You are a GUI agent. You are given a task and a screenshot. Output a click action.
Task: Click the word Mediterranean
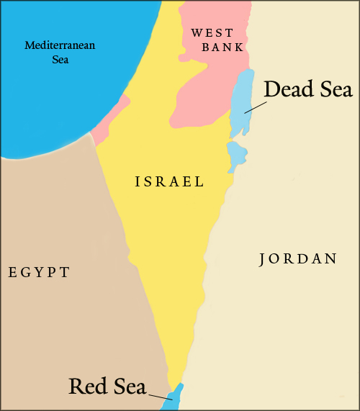(x=60, y=46)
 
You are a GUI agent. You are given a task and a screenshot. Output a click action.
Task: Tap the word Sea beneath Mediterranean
(x=60, y=60)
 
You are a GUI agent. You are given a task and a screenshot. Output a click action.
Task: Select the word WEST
(x=212, y=33)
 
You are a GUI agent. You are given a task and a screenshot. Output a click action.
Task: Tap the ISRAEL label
(x=170, y=182)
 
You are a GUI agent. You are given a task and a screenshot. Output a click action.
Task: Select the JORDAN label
(x=297, y=259)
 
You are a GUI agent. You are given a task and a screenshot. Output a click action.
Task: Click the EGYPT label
(x=39, y=272)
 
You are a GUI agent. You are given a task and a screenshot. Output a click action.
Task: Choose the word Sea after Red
(x=129, y=386)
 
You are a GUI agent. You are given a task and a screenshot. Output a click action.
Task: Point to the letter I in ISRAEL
(x=138, y=182)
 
